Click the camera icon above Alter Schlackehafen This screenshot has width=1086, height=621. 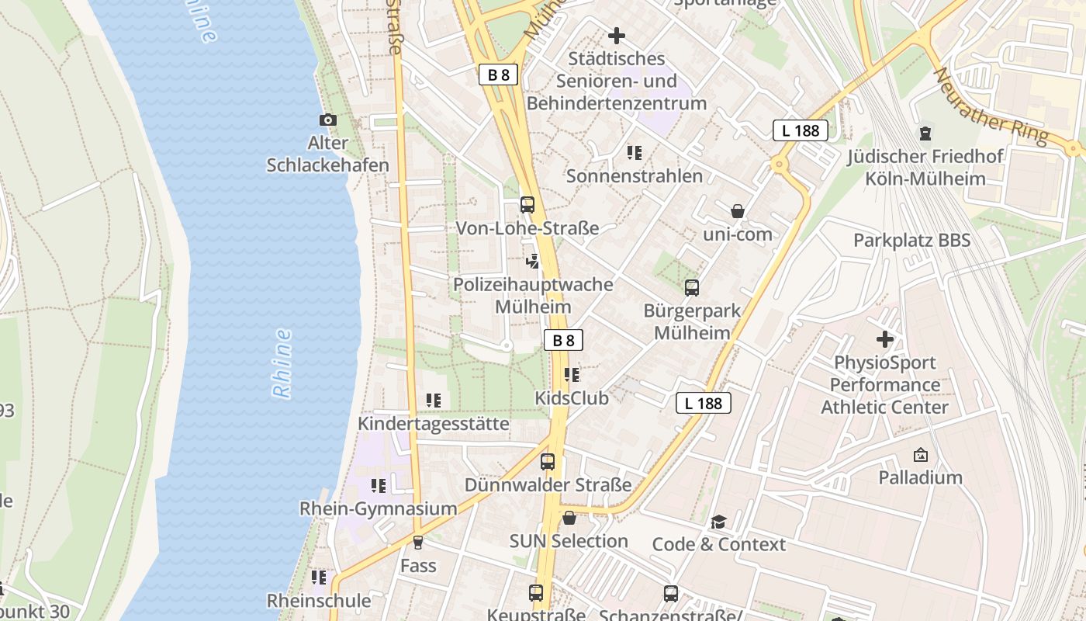328,120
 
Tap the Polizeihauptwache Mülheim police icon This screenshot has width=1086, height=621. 532,262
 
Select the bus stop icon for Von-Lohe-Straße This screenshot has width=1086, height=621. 527,205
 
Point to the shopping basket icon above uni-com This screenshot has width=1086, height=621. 738,211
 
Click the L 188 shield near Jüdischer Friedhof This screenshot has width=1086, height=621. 801,130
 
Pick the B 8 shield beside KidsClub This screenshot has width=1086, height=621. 563,340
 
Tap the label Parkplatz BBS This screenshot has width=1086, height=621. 911,241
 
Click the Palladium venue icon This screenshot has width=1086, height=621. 921,455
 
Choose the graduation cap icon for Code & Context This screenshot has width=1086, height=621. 719,522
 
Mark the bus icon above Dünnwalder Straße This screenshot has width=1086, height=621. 548,462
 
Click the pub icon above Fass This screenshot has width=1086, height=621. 418,543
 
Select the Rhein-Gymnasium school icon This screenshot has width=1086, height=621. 379,486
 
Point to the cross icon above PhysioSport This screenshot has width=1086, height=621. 885,339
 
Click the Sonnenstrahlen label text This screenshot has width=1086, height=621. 635,176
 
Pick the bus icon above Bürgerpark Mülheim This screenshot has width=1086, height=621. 692,288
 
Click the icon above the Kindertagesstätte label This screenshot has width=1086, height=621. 434,401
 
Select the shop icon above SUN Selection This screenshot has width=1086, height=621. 569,518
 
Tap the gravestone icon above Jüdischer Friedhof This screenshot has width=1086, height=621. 925,134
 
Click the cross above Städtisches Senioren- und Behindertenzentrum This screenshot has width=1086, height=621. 617,36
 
